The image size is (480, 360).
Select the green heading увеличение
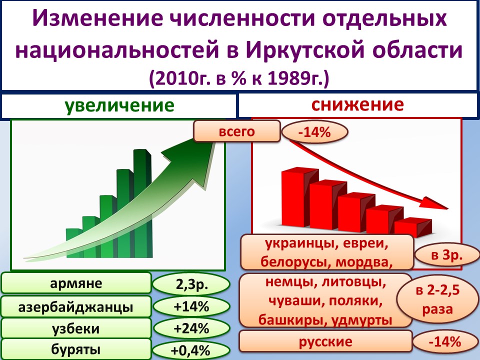[119, 105]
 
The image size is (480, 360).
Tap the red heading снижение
[357, 104]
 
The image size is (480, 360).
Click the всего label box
[237, 131]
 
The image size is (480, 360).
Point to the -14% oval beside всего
[314, 132]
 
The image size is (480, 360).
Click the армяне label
[76, 283]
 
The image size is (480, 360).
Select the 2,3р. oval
[191, 284]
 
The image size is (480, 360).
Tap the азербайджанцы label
[76, 306]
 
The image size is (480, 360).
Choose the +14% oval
[191, 306]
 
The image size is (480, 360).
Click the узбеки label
[76, 328]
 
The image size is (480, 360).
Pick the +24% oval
[191, 328]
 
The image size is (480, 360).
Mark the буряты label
[76, 349]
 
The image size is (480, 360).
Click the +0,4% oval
[191, 350]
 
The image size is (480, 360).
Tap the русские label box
[325, 341]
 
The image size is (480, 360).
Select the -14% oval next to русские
[445, 341]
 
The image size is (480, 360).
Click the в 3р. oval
[447, 254]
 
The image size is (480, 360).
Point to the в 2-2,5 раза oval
[438, 299]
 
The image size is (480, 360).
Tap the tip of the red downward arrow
[448, 209]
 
